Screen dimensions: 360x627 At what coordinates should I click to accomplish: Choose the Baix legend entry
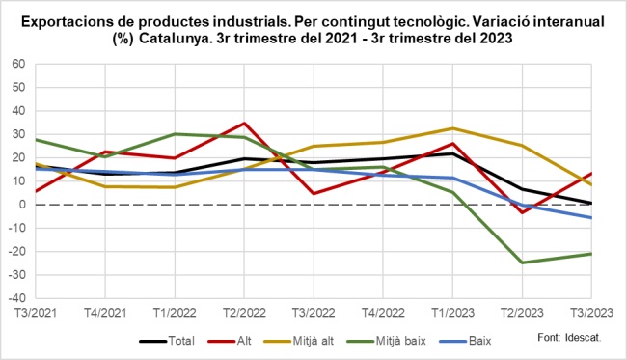point(508,341)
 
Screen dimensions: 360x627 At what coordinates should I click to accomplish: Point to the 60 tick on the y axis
point(17,64)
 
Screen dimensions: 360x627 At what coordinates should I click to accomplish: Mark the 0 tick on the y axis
point(21,205)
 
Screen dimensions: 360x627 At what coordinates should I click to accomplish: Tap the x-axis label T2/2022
point(244,313)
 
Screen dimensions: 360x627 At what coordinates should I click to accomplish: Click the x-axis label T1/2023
point(452,313)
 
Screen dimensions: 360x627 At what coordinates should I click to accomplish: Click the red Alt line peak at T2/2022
point(244,124)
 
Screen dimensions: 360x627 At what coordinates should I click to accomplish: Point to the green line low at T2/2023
point(522,263)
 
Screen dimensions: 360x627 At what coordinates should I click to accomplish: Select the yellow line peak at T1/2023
point(452,128)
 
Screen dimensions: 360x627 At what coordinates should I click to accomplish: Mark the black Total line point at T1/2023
point(452,153)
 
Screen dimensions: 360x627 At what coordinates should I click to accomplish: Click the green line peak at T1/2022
point(175,134)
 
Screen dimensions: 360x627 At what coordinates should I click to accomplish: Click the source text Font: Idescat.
point(569,338)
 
